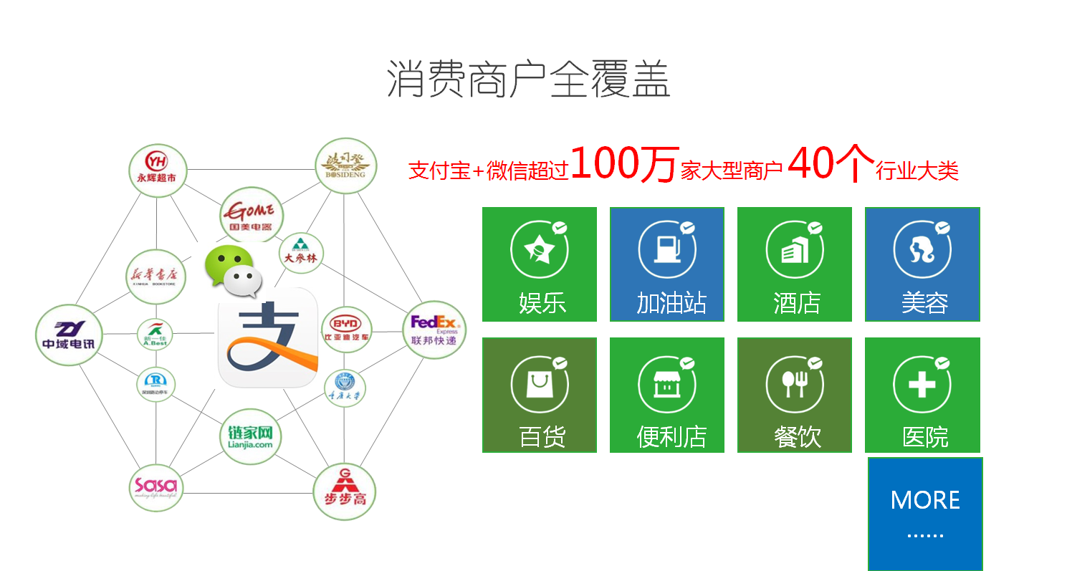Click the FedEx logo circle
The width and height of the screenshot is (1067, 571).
click(434, 330)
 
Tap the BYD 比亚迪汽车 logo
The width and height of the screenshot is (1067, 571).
click(347, 330)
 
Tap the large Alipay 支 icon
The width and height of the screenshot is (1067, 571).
click(267, 337)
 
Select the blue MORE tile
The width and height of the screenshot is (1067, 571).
click(924, 514)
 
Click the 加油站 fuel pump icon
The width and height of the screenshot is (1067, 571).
click(667, 249)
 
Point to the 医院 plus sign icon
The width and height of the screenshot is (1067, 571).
click(922, 385)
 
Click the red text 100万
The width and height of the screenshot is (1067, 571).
click(623, 164)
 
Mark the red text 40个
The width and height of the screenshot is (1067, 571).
click(831, 164)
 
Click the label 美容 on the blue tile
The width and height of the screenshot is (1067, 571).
click(924, 303)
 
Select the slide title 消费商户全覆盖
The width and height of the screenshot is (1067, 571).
click(529, 79)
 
